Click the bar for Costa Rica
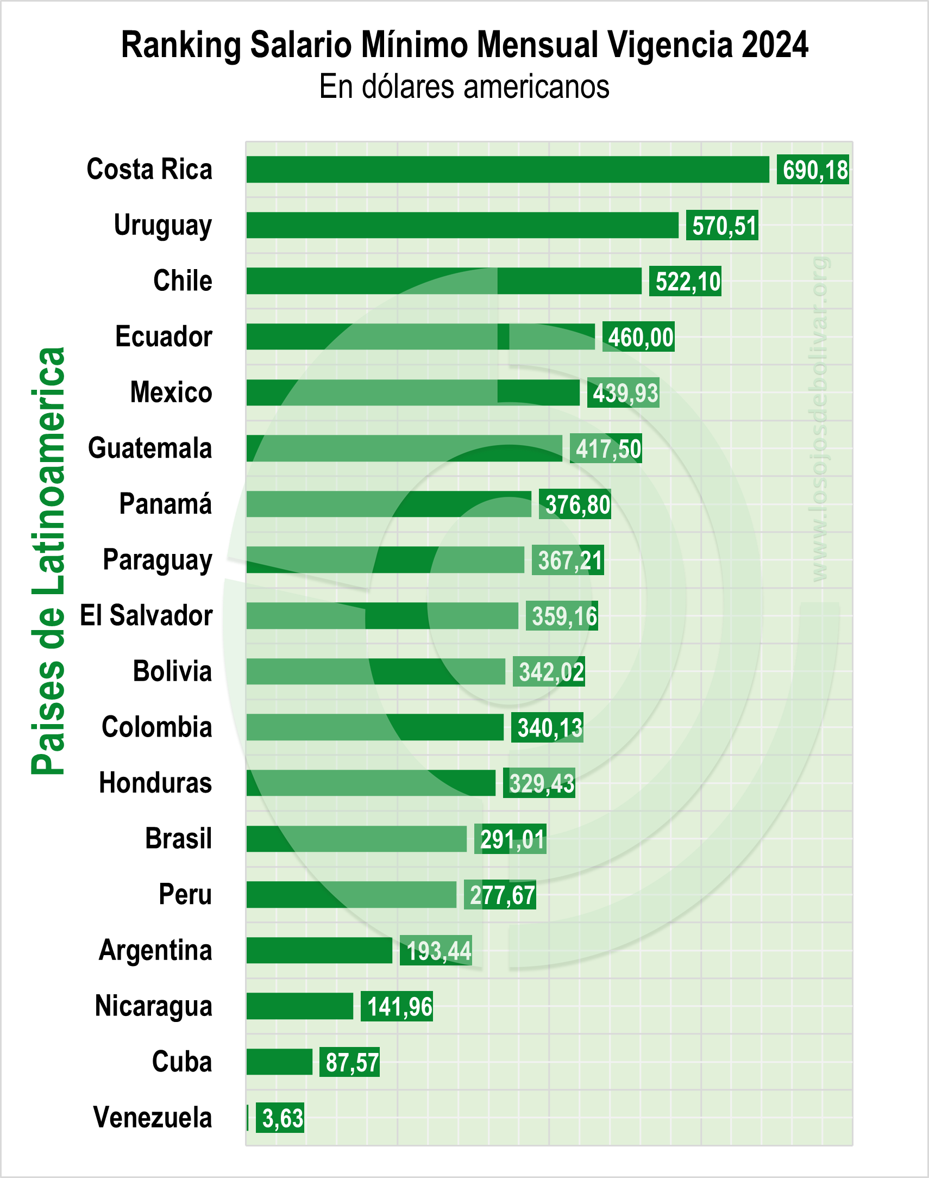point(507,169)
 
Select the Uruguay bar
point(462,225)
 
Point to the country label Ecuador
point(163,336)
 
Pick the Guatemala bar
point(404,448)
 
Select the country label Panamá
point(165,504)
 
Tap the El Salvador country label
point(146,615)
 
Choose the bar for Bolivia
point(375,671)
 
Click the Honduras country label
point(155,783)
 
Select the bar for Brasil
point(356,839)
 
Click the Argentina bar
point(319,951)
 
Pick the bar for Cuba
point(279,1062)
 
